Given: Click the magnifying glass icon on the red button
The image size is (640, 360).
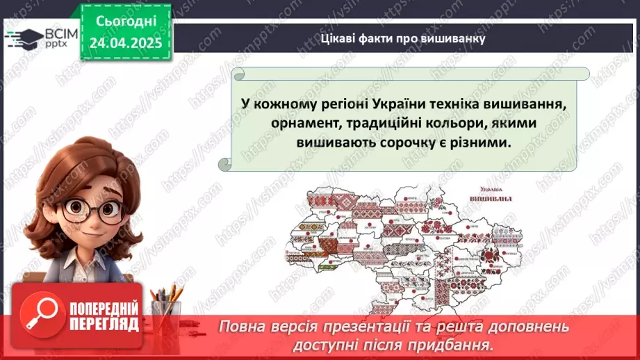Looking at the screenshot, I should [40, 313].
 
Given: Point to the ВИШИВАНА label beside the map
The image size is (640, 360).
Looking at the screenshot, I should [491, 198].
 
